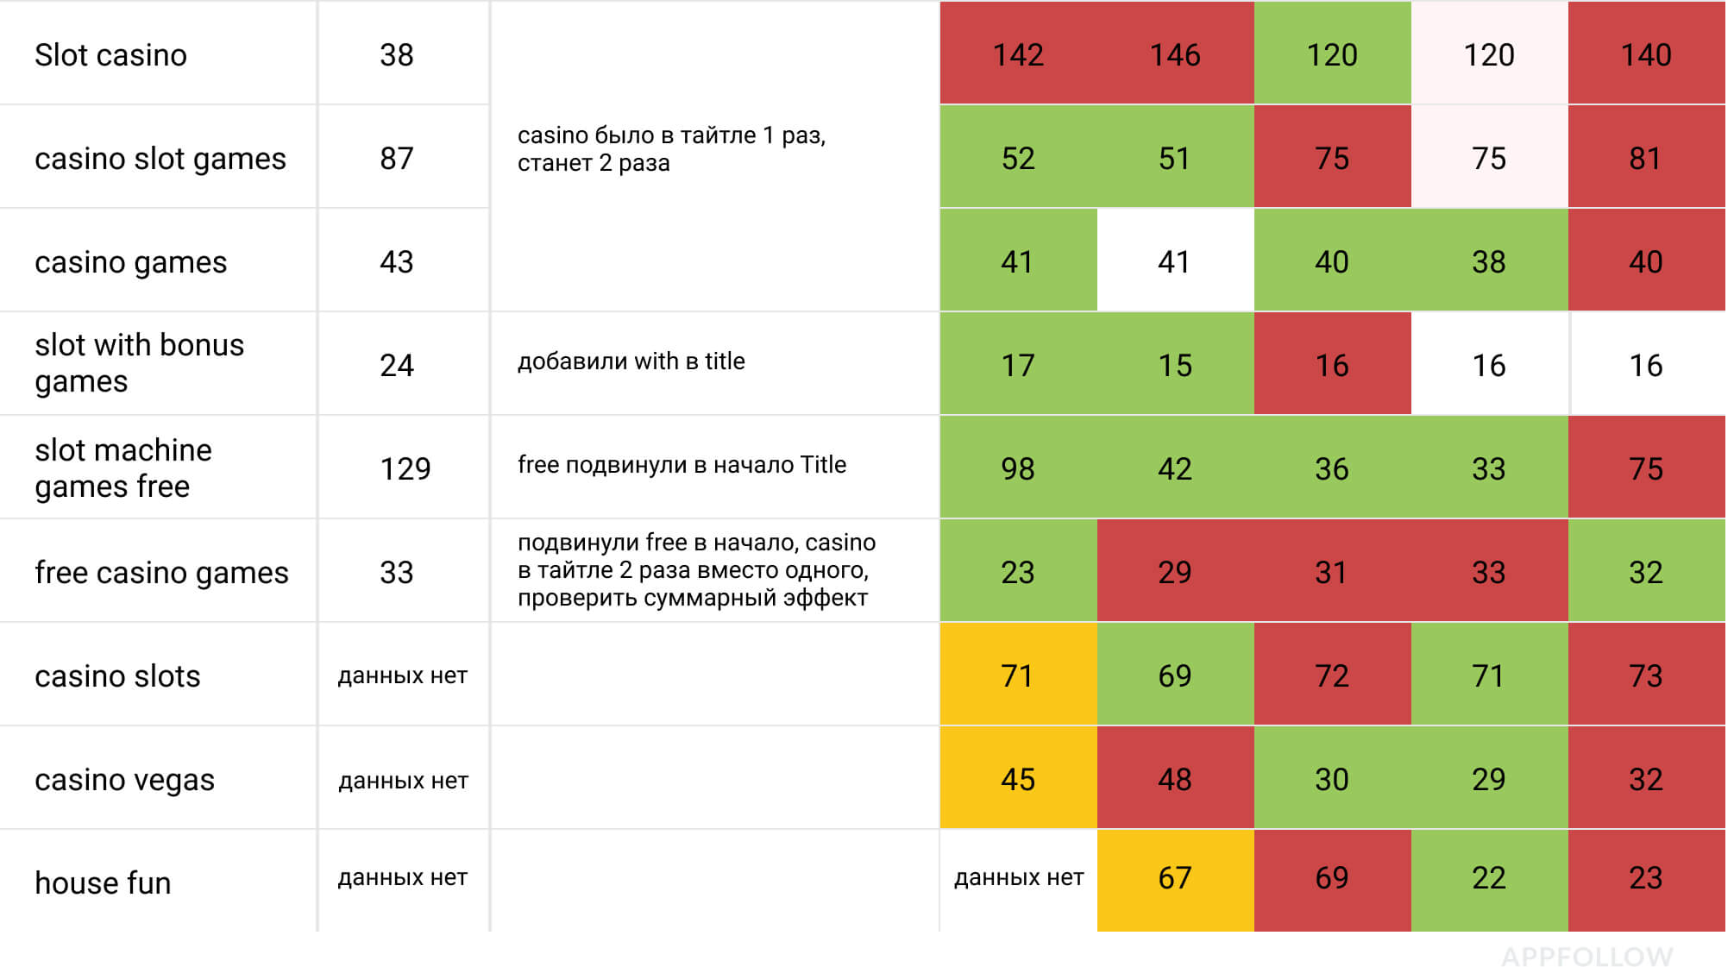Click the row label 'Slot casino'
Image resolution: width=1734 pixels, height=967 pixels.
(x=110, y=55)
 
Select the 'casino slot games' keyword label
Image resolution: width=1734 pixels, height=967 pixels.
(x=160, y=159)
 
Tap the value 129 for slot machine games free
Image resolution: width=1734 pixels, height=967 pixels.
(x=405, y=468)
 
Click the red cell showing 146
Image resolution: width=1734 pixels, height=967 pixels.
(x=1175, y=55)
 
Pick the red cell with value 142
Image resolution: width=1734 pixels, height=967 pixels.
(x=1018, y=55)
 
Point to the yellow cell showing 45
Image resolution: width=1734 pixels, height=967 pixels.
(x=1018, y=780)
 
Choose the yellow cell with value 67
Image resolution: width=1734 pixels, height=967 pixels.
(x=1175, y=878)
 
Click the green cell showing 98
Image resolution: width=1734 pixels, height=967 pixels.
(x=1018, y=468)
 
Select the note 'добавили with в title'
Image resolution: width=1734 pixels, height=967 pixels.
(x=631, y=361)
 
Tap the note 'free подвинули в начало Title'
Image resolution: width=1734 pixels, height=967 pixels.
(x=682, y=465)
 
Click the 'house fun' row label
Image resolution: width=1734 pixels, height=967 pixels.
(x=103, y=883)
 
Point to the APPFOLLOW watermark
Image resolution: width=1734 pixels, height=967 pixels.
(x=1586, y=956)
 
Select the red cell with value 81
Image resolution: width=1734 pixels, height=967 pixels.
(x=1645, y=159)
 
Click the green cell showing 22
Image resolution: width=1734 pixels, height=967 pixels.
(x=1489, y=878)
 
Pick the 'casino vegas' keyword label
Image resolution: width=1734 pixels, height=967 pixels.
(x=124, y=780)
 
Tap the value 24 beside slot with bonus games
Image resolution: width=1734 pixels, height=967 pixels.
(x=397, y=365)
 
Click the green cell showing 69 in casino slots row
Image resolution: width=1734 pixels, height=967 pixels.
(x=1175, y=675)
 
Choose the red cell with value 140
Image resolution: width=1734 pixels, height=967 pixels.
(x=1646, y=55)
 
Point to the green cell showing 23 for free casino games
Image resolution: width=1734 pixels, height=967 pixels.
(x=1018, y=572)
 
